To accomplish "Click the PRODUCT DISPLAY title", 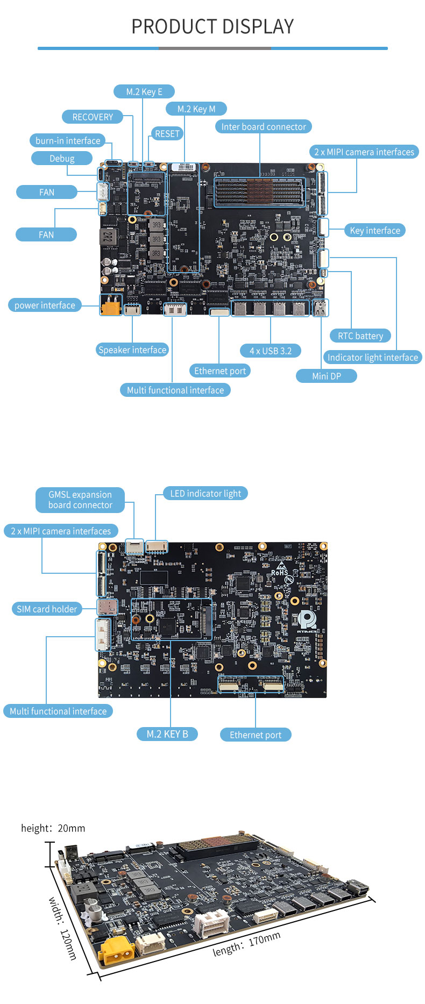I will [x=212, y=26].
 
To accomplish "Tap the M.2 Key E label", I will [x=144, y=91].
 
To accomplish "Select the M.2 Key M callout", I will [x=196, y=109].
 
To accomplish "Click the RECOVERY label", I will [x=93, y=117].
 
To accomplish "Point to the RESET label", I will [x=167, y=133].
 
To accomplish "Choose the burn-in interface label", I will [x=68, y=140].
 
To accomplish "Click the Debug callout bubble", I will [x=62, y=158].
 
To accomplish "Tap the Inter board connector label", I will [x=264, y=126].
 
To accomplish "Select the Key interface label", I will [x=375, y=230].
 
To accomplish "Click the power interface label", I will [x=45, y=305].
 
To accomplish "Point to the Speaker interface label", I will [x=132, y=350].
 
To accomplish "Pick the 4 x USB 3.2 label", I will [x=270, y=351].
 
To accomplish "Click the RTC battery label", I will [x=360, y=336].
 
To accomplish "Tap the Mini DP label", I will [x=327, y=376].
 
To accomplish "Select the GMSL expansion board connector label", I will [x=80, y=500].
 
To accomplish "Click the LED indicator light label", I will [x=206, y=493].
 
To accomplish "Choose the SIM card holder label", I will [x=47, y=609].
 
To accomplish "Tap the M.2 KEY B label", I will [x=167, y=734].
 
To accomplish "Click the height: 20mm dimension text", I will [x=53, y=828].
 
